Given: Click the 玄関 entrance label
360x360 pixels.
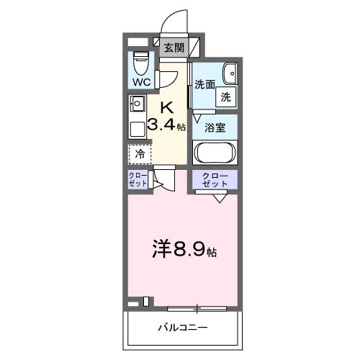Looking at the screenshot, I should (x=174, y=48).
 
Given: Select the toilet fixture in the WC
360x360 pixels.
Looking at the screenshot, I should (x=140, y=63).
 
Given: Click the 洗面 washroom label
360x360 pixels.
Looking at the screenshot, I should (x=204, y=84).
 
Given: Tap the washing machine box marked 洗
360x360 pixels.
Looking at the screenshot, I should (x=226, y=96).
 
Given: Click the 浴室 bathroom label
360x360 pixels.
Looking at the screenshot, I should (x=215, y=127).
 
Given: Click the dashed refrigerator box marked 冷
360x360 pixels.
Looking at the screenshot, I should (x=140, y=153).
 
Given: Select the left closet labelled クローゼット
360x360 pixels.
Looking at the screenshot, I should (x=139, y=179).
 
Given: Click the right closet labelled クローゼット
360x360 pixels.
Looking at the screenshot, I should (x=215, y=180).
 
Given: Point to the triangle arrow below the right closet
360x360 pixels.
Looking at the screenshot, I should (x=219, y=199).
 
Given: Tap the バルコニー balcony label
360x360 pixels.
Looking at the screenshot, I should (x=183, y=328).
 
